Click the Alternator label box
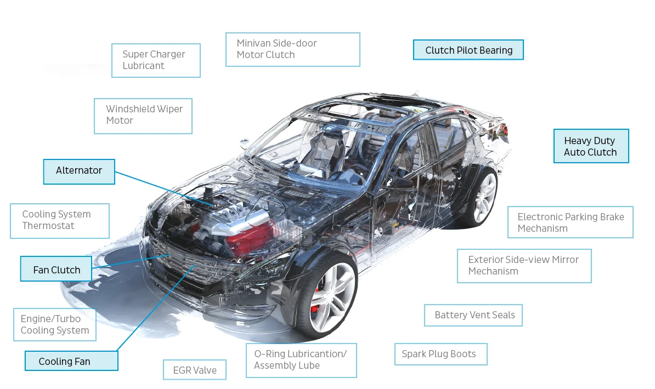pos(79,171)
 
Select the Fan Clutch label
pos(56,269)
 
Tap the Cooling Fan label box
pos(71,361)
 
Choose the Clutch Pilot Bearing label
pos(468,50)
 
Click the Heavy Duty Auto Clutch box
pos(591,146)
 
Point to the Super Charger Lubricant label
pos(156,60)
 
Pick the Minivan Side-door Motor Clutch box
pos(292,49)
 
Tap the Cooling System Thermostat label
pos(59,221)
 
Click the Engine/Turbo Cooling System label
pos(55,324)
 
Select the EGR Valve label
pos(195,370)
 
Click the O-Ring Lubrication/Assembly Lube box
pos(301,360)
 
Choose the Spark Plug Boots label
pos(440,354)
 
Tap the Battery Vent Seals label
pos(473,315)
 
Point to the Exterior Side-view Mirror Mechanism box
pos(524,266)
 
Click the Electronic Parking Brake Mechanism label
pos(571,222)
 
